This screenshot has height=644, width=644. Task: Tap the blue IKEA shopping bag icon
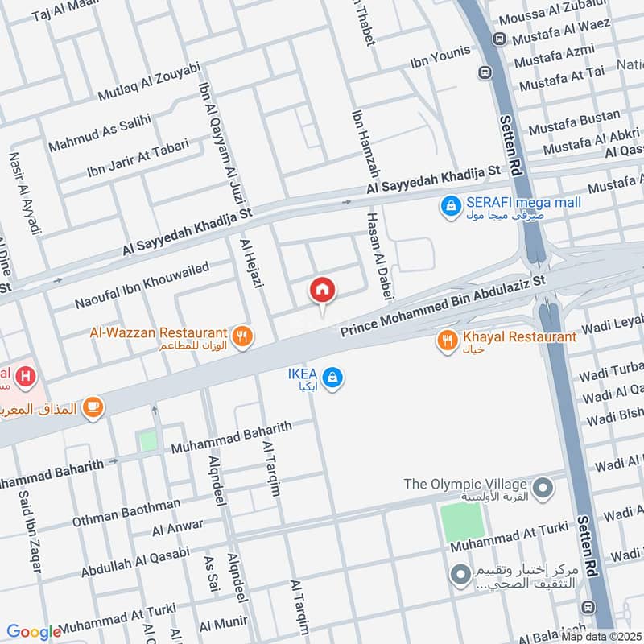click(x=331, y=376)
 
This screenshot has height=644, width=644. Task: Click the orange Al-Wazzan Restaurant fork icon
click(x=240, y=336)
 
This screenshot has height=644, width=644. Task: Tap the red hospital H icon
click(x=27, y=375)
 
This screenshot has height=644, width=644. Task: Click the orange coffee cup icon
click(x=93, y=407)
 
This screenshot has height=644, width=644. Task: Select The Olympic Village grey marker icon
click(x=543, y=487)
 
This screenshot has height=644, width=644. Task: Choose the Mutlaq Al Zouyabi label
click(x=148, y=82)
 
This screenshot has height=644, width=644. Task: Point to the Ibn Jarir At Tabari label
click(x=138, y=159)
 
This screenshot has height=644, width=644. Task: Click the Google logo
click(x=34, y=632)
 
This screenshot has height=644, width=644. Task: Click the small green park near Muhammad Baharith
click(x=147, y=441)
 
